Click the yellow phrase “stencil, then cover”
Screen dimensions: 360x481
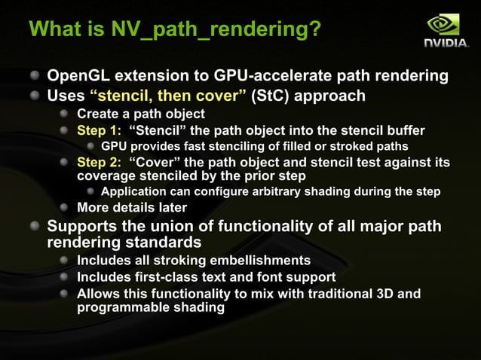tap(167, 96)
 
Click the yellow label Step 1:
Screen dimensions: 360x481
tap(100, 130)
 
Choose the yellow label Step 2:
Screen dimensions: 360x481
tap(100, 162)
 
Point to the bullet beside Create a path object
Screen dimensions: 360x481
tap(66, 114)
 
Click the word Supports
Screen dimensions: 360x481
tap(81, 226)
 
